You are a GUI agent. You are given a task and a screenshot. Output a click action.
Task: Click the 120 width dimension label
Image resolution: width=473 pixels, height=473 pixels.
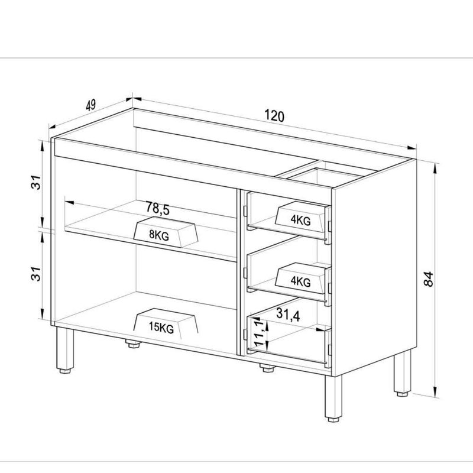click(274, 116)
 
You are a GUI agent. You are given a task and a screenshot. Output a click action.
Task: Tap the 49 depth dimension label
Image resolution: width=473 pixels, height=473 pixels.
click(91, 105)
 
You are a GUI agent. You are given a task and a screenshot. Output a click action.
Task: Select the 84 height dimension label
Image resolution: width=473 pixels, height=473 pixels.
click(428, 279)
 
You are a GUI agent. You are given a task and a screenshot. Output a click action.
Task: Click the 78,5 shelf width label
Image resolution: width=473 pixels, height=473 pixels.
click(158, 208)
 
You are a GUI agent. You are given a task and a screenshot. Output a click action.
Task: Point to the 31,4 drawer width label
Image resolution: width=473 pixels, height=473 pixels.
click(288, 315)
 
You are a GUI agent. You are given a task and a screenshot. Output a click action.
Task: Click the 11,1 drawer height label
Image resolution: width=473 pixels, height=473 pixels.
click(260, 333)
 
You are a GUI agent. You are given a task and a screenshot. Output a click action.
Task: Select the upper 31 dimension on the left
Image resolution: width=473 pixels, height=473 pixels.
click(36, 182)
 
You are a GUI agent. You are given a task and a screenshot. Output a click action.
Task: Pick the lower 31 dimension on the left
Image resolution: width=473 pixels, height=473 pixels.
click(36, 274)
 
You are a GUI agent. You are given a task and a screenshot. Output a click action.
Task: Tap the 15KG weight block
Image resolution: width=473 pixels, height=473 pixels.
click(166, 323)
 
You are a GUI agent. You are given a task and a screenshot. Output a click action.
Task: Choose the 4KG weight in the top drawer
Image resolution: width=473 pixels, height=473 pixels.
click(300, 216)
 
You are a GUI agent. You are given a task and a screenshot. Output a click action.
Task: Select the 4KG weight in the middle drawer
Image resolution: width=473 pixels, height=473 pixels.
click(300, 278)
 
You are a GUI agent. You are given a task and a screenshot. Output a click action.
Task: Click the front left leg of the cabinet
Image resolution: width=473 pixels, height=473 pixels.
click(65, 350)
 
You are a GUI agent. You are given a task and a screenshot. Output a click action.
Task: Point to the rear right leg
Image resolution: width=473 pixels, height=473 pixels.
click(403, 373)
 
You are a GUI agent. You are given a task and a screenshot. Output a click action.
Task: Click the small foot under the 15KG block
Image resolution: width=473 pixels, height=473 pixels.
click(134, 344)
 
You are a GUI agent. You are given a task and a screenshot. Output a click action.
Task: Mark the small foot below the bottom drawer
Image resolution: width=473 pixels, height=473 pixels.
click(267, 368)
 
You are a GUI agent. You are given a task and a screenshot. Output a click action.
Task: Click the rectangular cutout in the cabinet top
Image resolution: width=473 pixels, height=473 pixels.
click(324, 176)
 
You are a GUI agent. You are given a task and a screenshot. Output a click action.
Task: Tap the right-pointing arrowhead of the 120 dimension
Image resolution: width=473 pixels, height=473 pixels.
click(412, 147)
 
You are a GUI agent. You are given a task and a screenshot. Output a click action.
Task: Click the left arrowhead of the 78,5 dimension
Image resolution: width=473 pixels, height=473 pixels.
click(69, 202)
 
